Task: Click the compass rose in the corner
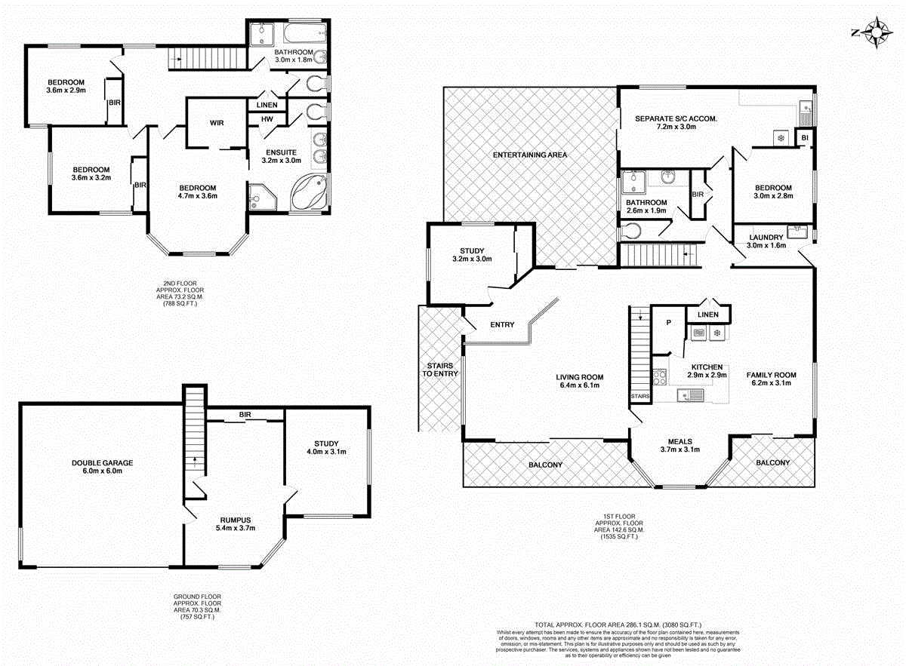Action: coord(875,33)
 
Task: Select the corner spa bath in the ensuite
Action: coord(307,193)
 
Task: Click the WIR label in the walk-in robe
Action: coord(217,123)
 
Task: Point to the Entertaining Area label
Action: coord(529,155)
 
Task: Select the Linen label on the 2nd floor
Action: coord(267,105)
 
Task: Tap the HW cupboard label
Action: coord(267,119)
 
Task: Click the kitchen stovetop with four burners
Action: coord(659,376)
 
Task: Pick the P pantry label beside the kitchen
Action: coord(668,322)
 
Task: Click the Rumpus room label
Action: coord(235,520)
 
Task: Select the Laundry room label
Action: coord(766,237)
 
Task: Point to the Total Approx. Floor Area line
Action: coord(618,625)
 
